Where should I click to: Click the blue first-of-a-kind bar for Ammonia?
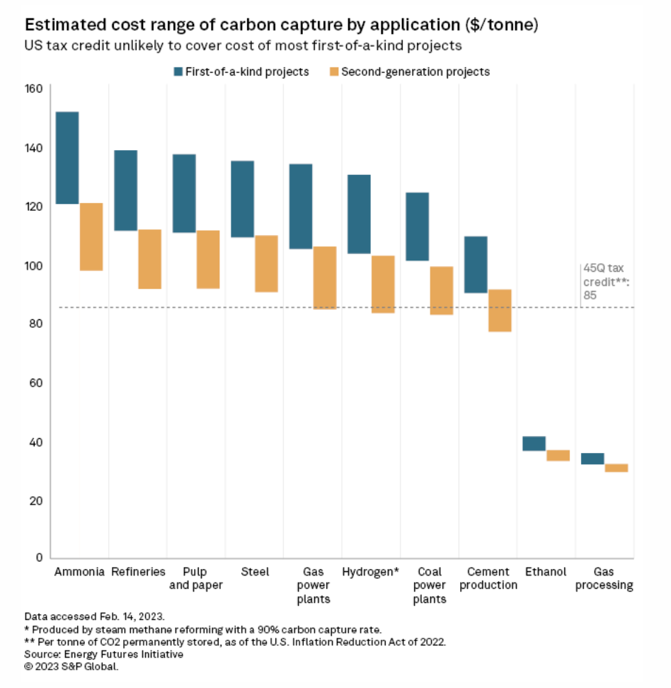(67, 158)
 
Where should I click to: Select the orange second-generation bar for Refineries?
(149, 259)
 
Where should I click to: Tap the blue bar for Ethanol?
(534, 444)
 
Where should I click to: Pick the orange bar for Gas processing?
(616, 468)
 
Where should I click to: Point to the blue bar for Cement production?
(476, 265)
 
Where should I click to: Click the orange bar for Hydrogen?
(383, 285)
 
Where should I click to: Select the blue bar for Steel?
(243, 199)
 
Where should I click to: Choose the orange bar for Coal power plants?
(442, 291)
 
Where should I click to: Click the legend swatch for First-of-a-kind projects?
(179, 71)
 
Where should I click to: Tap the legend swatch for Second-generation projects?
(335, 71)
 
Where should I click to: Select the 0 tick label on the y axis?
(40, 558)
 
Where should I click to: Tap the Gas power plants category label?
(311, 585)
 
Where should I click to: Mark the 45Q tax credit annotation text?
(597, 282)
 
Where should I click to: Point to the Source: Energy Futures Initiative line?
(104, 654)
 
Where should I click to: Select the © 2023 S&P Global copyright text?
(71, 666)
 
